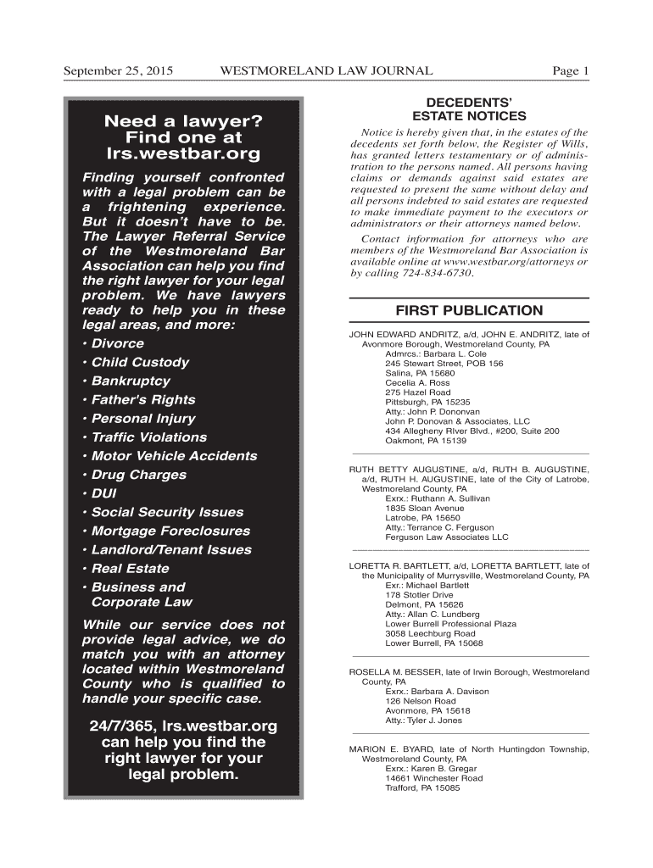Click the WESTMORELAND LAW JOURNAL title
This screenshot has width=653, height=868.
tap(326, 71)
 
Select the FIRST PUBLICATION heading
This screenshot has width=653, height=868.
tap(469, 310)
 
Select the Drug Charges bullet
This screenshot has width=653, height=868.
tap(134, 475)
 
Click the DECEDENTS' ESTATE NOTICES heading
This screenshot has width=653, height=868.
tap(468, 108)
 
